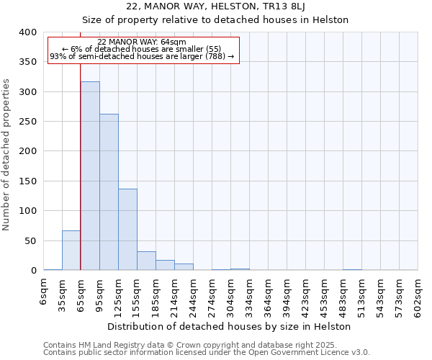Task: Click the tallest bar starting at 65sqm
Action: (x=90, y=176)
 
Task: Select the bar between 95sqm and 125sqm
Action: (x=109, y=192)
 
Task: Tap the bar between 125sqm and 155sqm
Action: (x=127, y=230)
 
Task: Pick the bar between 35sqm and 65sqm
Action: (x=71, y=251)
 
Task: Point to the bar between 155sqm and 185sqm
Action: (x=146, y=261)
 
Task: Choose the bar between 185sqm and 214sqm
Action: (x=165, y=265)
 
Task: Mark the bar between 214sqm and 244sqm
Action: (x=184, y=267)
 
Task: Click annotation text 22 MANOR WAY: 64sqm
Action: (x=142, y=42)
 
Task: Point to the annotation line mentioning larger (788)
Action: (x=142, y=56)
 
